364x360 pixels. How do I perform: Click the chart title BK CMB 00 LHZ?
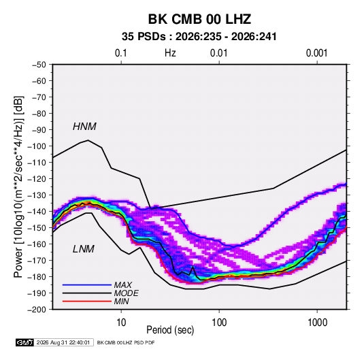coord(199,19)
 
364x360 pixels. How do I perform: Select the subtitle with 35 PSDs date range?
coord(199,37)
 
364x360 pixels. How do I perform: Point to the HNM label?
coord(84,127)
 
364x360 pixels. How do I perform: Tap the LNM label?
coord(84,249)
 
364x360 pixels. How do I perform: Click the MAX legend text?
coord(122,285)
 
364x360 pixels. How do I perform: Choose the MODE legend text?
coord(126,293)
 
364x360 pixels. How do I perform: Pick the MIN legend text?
coord(121,301)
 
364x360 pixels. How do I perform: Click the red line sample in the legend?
coord(87,301)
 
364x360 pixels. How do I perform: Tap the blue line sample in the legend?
coord(87,285)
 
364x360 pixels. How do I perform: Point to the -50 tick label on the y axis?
coord(39,65)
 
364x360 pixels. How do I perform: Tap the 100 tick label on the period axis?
coord(219,323)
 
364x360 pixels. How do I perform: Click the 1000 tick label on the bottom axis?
coord(317,323)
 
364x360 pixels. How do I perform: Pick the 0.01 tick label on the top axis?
coord(218,53)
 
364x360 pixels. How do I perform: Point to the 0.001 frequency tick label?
coord(316,53)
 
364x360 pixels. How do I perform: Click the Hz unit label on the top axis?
coord(170,53)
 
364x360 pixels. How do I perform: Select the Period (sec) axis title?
coord(170,330)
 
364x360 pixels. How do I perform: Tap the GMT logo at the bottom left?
coord(25,342)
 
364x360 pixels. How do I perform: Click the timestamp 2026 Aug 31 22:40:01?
coord(63,342)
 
